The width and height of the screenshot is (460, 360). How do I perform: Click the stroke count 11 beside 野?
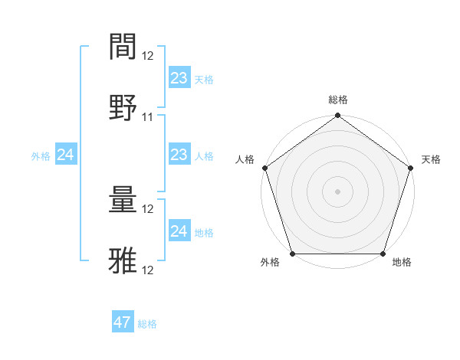(148, 117)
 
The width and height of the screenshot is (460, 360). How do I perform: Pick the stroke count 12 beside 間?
(148, 55)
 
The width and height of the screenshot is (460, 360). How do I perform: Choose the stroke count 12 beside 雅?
(148, 270)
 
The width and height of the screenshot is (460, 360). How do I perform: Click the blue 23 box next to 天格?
(179, 77)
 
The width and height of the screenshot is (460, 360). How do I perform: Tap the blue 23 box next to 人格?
(179, 155)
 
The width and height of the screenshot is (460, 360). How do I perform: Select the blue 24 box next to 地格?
(179, 231)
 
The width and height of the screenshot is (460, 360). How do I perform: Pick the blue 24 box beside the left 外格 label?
(66, 155)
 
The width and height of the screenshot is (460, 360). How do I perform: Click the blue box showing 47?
(123, 322)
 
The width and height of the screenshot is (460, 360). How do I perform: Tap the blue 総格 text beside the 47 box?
(147, 324)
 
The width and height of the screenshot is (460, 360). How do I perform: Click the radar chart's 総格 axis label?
(338, 100)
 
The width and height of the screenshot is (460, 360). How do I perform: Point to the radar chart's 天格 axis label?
(431, 159)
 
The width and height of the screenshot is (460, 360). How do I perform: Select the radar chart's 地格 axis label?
(402, 263)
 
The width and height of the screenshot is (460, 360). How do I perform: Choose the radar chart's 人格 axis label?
(245, 159)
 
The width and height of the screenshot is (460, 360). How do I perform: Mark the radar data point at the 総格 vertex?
(338, 116)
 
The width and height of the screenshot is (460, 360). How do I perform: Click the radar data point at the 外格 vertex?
(293, 254)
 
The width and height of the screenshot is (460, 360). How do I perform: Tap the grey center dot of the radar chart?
(338, 191)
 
